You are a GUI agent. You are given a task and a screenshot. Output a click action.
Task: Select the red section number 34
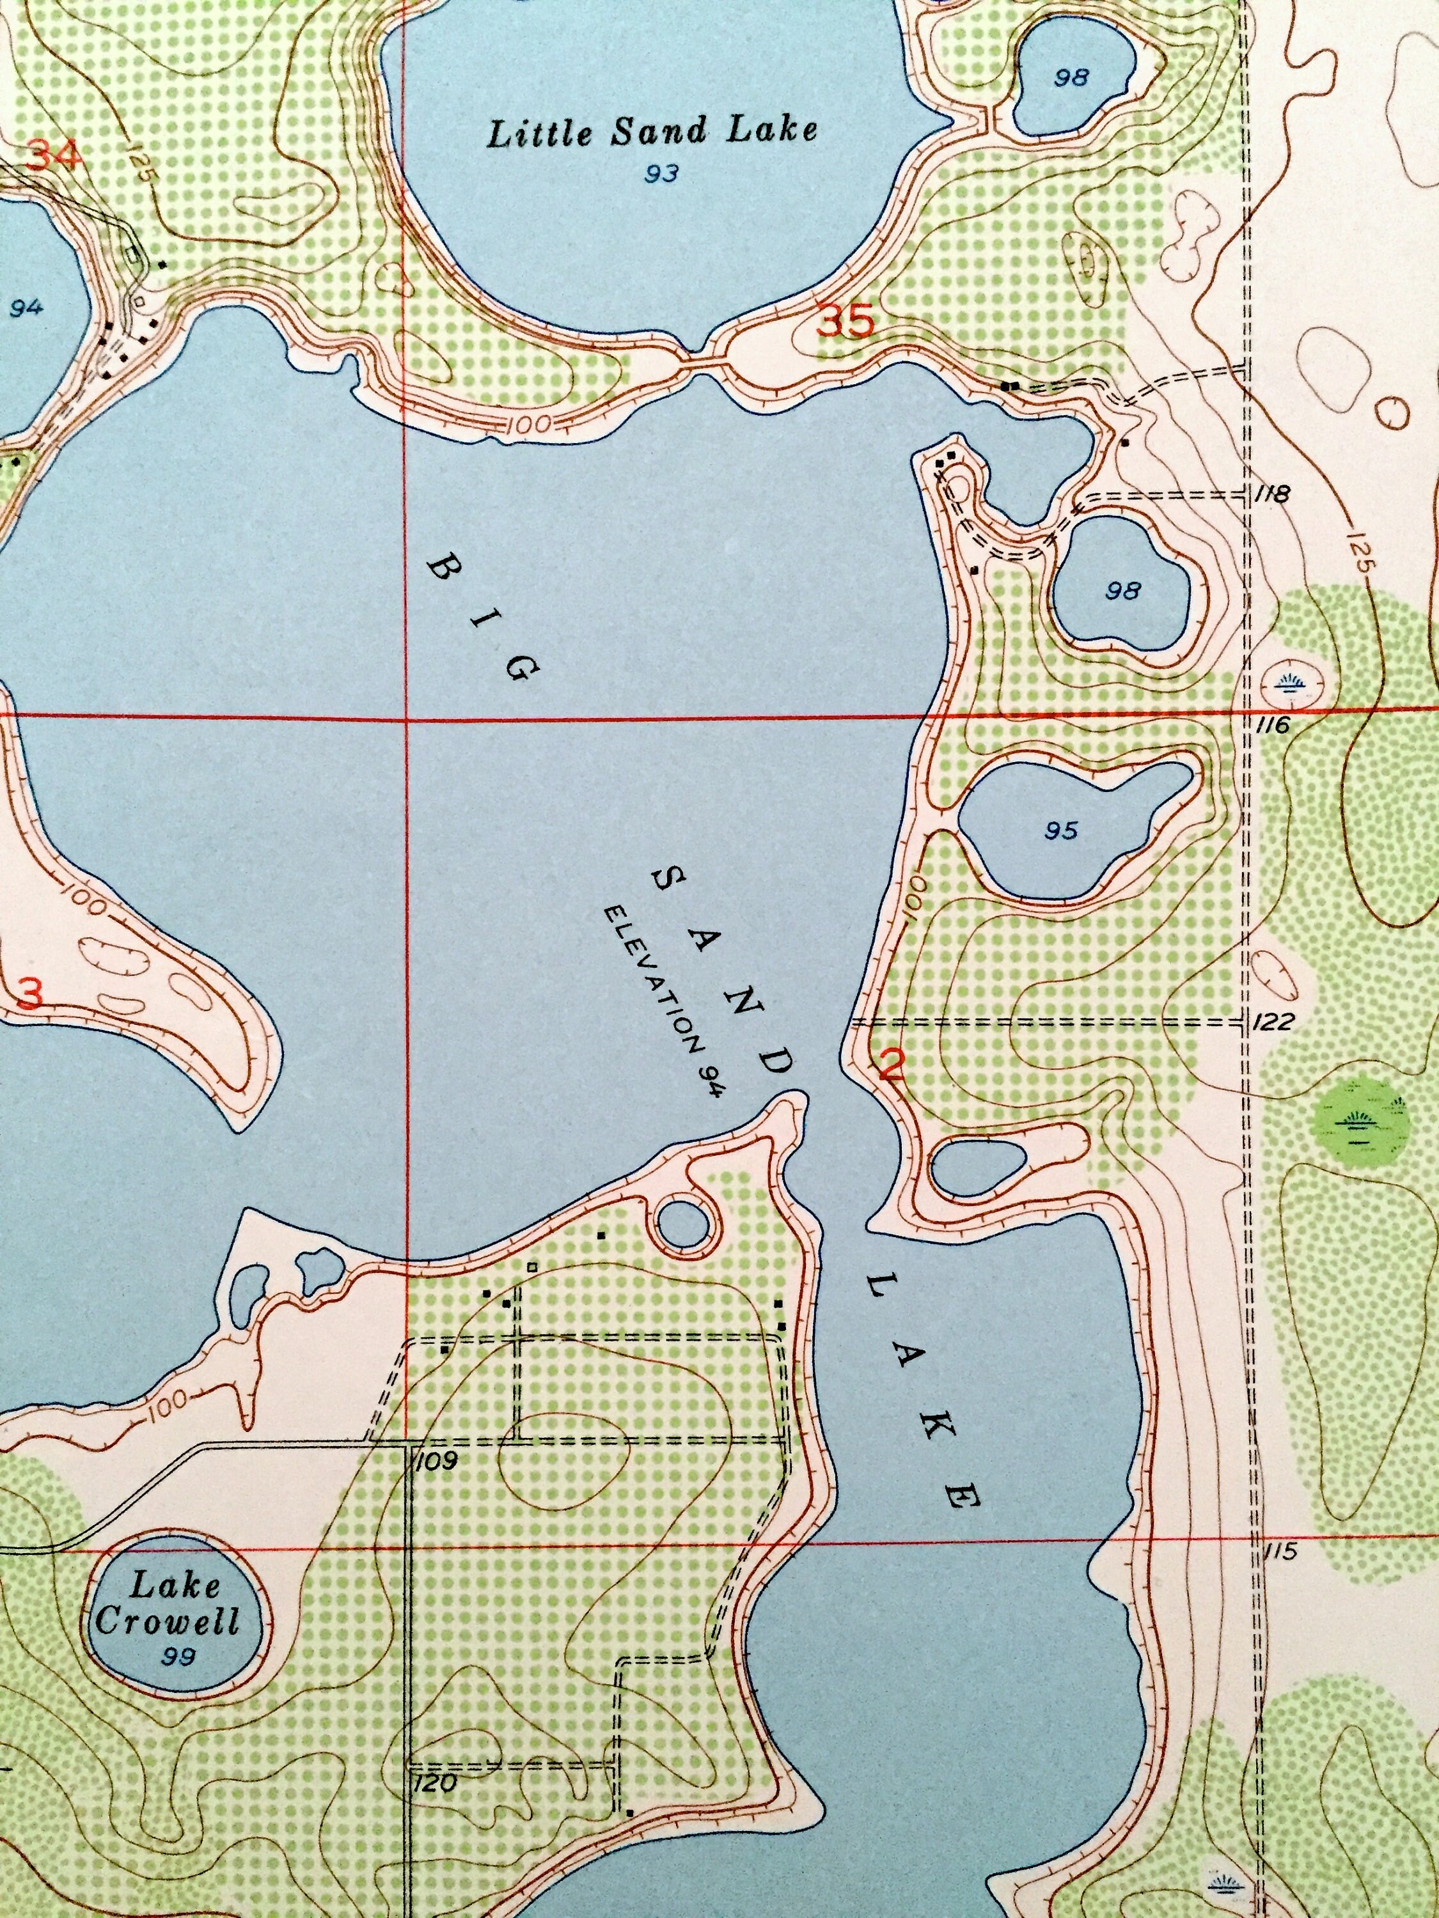53,157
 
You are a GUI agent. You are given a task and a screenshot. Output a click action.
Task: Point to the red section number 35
845,324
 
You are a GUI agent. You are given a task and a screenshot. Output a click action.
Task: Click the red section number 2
891,1064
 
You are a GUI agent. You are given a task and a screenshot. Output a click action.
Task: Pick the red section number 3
29,994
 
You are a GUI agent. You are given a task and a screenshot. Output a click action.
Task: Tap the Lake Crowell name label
168,1604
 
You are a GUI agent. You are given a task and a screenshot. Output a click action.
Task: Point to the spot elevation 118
1273,495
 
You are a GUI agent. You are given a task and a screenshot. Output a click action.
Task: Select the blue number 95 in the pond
1061,830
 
